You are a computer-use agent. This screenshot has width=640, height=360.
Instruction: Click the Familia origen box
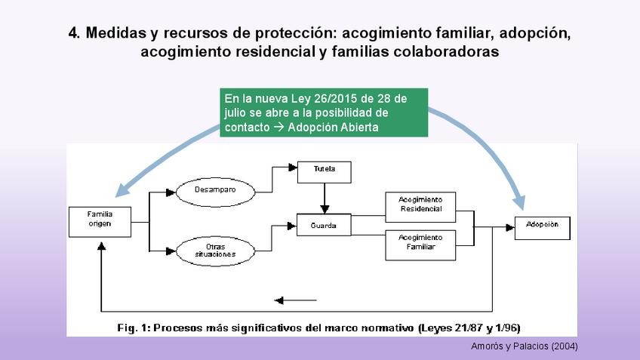(100, 219)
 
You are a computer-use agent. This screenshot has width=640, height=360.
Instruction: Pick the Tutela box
(324, 170)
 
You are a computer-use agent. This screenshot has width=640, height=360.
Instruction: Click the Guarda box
(324, 225)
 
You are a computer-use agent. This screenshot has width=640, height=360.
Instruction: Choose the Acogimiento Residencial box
(420, 205)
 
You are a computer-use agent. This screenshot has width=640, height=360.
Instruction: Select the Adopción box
(543, 225)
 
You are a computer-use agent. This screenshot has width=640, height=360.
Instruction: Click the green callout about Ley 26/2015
(325, 112)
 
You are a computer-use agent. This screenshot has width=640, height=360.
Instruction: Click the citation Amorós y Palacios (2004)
(524, 346)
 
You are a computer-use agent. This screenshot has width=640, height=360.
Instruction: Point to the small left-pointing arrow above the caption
(296, 300)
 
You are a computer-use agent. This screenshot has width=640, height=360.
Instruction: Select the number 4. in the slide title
(75, 34)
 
